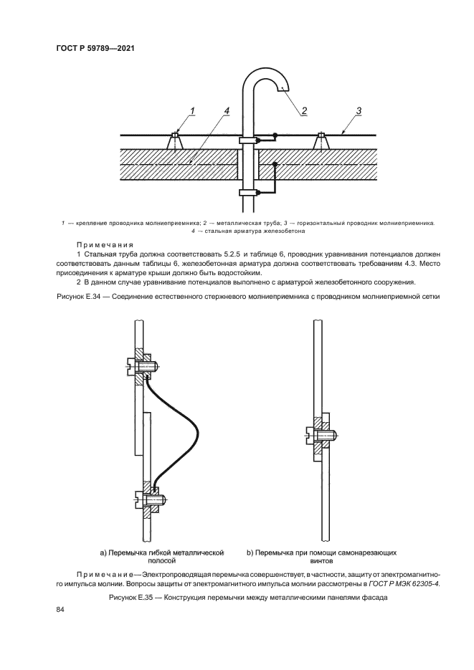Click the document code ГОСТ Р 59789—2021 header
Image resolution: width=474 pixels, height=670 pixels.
[x=96, y=49]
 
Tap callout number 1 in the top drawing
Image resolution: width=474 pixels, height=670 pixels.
[x=192, y=110]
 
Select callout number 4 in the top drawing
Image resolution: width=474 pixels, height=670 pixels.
[x=226, y=110]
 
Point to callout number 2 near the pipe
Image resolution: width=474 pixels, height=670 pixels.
[x=304, y=111]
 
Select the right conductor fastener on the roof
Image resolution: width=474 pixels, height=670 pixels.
[x=322, y=141]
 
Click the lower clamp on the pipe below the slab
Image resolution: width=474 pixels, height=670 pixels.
[x=248, y=192]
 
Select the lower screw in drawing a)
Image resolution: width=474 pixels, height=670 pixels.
[x=151, y=499]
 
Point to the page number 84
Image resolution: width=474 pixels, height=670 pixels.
[x=60, y=609]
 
